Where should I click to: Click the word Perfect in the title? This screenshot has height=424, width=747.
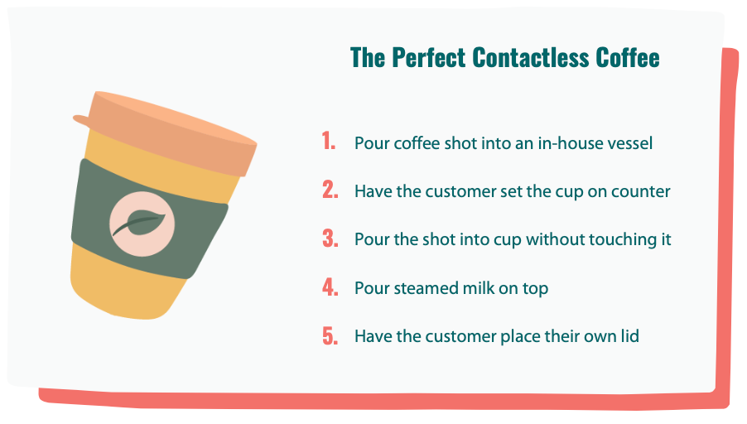pyautogui.click(x=428, y=58)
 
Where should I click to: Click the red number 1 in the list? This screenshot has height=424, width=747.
pyautogui.click(x=328, y=141)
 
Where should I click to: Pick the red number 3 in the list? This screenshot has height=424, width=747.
pyautogui.click(x=330, y=238)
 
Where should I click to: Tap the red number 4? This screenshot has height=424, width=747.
pyautogui.click(x=330, y=287)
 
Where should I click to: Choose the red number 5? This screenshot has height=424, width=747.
pyautogui.click(x=330, y=336)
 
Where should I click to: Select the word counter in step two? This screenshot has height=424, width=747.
pyautogui.click(x=640, y=191)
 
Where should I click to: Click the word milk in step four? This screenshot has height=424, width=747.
pyautogui.click(x=479, y=287)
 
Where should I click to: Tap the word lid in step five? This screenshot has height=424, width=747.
pyautogui.click(x=629, y=336)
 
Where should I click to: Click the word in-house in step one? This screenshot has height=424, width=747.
pyautogui.click(x=565, y=143)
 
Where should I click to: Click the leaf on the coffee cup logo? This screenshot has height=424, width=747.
pyautogui.click(x=140, y=223)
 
